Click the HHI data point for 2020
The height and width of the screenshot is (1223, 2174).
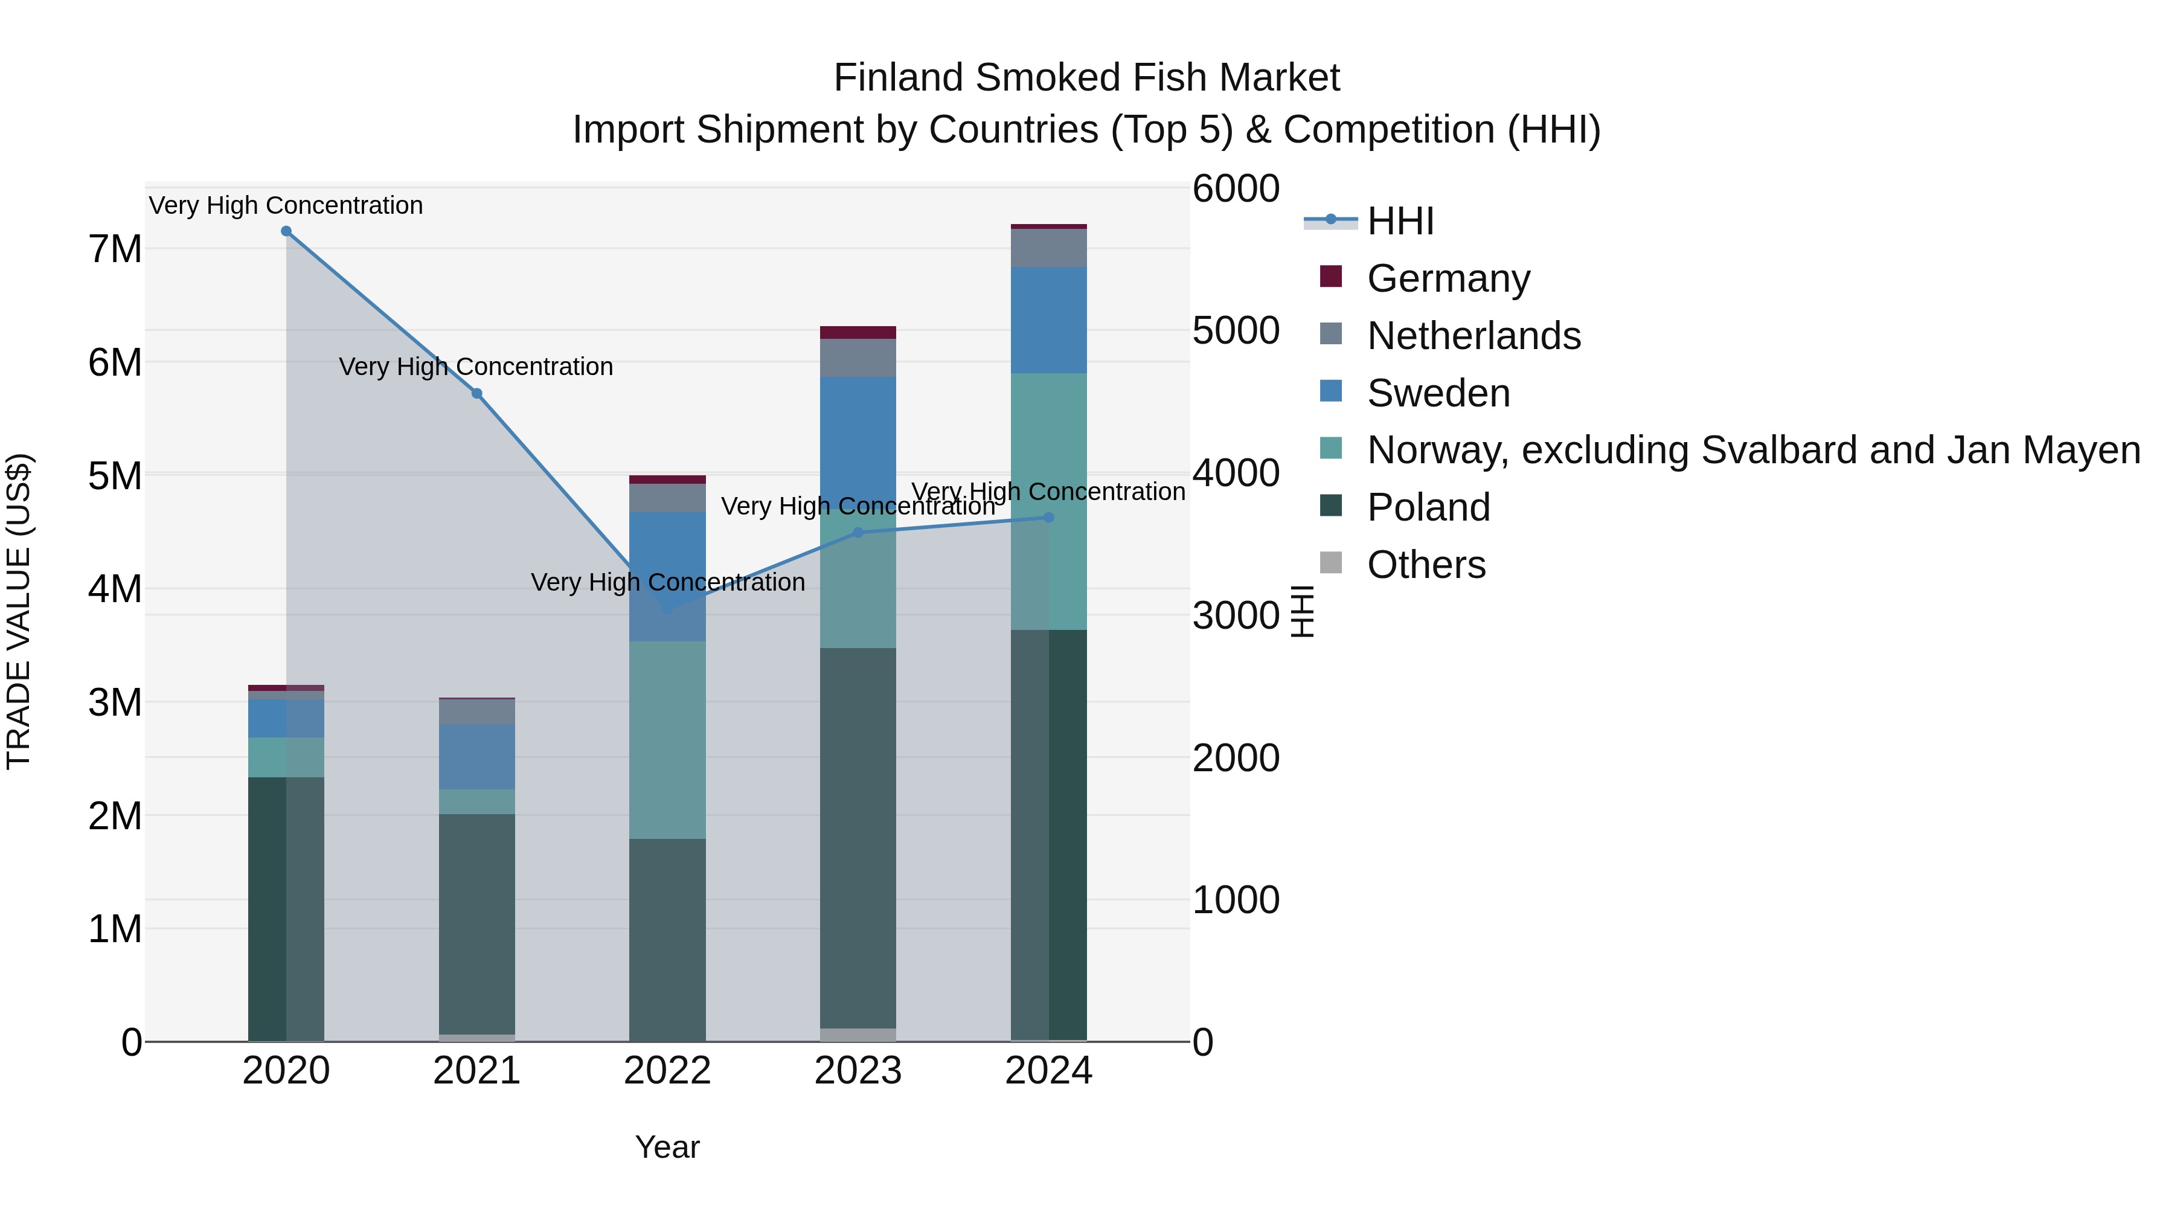tap(286, 231)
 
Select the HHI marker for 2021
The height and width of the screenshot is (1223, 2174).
tap(477, 393)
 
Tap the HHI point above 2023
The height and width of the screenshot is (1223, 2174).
tap(858, 533)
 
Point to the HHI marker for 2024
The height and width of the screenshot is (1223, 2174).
tap(1049, 518)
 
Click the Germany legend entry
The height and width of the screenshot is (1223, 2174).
tap(1448, 278)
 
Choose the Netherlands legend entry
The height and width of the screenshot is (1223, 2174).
tap(1473, 336)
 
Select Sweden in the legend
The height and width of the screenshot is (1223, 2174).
tap(1437, 393)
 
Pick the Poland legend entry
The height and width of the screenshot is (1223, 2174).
tap(1428, 507)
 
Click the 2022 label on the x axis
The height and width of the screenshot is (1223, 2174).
tap(667, 1071)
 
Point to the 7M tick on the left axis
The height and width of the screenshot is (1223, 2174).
tap(115, 249)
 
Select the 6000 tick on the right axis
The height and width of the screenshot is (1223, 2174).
tap(1236, 188)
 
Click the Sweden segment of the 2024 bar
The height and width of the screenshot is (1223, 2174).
tap(1049, 320)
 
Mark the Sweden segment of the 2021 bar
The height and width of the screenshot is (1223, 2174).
tap(477, 756)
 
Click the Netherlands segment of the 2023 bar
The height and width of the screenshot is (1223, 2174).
tap(858, 358)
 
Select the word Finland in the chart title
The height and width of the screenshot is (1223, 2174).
tap(898, 78)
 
